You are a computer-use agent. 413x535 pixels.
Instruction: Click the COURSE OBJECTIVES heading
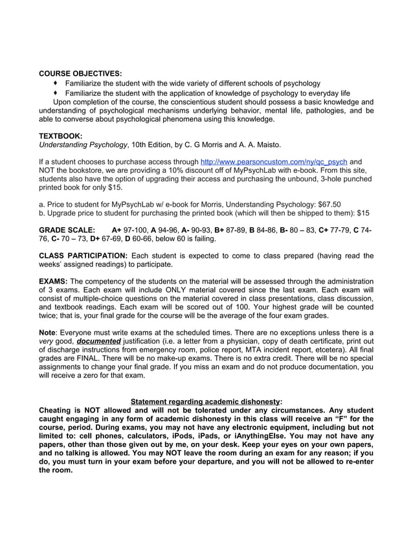[x=80, y=73]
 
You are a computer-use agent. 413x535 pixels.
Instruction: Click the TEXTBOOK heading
[x=60, y=135]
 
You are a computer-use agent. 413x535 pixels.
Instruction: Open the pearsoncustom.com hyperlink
[x=274, y=161]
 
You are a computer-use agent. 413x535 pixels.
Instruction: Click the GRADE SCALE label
[x=67, y=230]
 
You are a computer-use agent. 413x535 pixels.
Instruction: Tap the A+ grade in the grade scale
[x=117, y=230]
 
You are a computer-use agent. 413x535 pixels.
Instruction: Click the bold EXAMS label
[x=53, y=281]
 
